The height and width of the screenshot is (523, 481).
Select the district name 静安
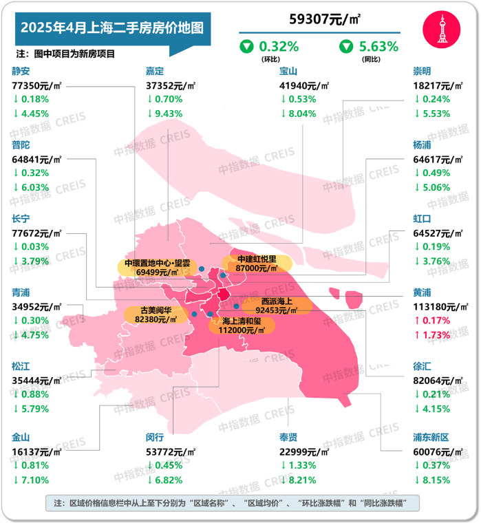tap(21, 71)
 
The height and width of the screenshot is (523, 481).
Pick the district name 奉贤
tap(289, 437)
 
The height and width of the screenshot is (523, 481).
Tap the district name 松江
tap(21, 366)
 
